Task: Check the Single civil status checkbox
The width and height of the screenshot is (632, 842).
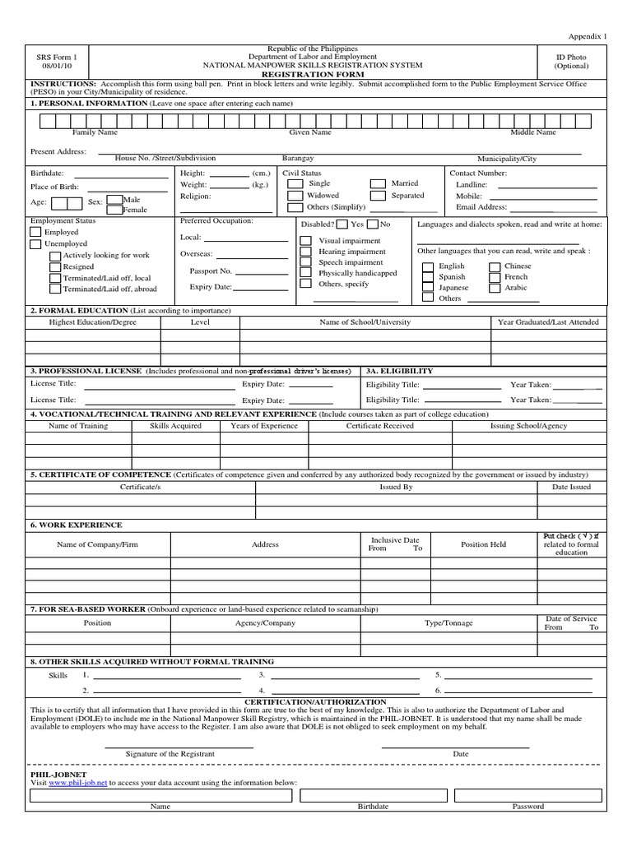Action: pyautogui.click(x=294, y=184)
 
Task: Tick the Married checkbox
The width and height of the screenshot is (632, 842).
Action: pyautogui.click(x=377, y=184)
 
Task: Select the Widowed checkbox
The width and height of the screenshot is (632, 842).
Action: pyautogui.click(x=294, y=197)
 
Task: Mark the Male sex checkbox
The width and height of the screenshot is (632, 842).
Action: pyautogui.click(x=114, y=200)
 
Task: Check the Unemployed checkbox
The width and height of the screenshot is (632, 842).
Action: pyautogui.click(x=35, y=244)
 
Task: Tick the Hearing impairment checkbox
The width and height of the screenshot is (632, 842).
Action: pyautogui.click(x=305, y=252)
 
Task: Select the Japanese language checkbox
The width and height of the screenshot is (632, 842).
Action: pyautogui.click(x=427, y=288)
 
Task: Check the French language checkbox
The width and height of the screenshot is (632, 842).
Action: pyautogui.click(x=493, y=277)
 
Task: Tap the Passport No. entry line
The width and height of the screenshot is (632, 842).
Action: pyautogui.click(x=262, y=271)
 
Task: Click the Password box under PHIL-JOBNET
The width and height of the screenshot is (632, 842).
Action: pyautogui.click(x=527, y=795)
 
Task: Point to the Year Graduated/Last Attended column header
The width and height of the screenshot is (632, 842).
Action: pyautogui.click(x=548, y=322)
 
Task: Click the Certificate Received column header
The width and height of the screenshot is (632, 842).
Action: pyautogui.click(x=379, y=426)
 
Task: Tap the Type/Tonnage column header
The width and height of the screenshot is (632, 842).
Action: pyautogui.click(x=448, y=623)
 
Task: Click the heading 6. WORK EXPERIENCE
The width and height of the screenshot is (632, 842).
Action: pyautogui.click(x=76, y=525)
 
